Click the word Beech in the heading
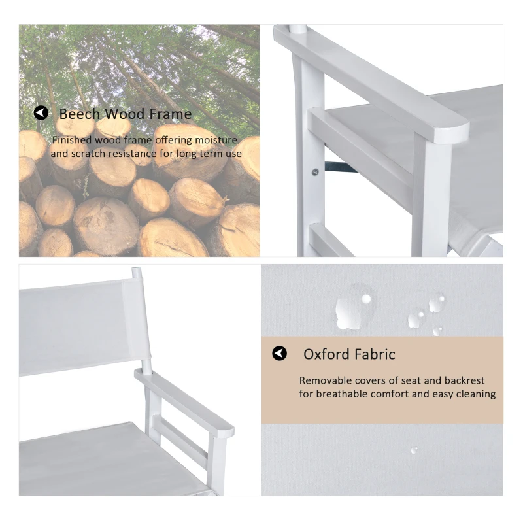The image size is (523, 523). coord(79,114)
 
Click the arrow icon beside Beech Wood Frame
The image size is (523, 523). coord(41,113)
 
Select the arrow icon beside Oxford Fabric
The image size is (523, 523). coord(280,353)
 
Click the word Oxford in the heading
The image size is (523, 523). coord(326,354)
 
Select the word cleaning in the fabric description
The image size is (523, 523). coord(476,395)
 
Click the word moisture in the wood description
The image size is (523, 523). coord(216,140)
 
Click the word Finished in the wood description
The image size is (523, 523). coord(72,140)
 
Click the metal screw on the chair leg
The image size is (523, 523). coord(315,172)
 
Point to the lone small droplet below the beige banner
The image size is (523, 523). coord(414,450)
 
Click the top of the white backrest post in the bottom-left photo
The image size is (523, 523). coord(137,269)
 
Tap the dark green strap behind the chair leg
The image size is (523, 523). coord(340,167)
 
